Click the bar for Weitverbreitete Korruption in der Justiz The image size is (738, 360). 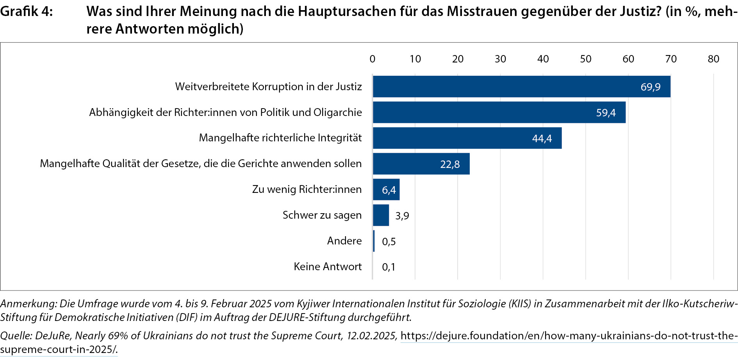(x=521, y=87)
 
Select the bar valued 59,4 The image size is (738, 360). (x=499, y=112)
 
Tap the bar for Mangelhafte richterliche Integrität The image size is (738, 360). (x=467, y=138)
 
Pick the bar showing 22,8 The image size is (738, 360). (x=421, y=164)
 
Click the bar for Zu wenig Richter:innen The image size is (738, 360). (x=386, y=190)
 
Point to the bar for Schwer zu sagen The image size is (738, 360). (x=381, y=215)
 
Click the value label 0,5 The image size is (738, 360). (x=389, y=242)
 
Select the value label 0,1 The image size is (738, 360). (x=389, y=267)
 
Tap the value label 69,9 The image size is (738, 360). (x=651, y=87)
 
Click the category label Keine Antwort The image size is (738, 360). (x=328, y=267)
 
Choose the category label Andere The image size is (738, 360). (x=344, y=241)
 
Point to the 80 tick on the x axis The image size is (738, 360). (x=713, y=59)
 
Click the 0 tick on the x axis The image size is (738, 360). (x=373, y=59)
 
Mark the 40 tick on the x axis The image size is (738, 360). (x=543, y=59)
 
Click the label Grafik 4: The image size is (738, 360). (x=26, y=12)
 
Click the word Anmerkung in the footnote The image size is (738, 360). (x=28, y=304)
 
